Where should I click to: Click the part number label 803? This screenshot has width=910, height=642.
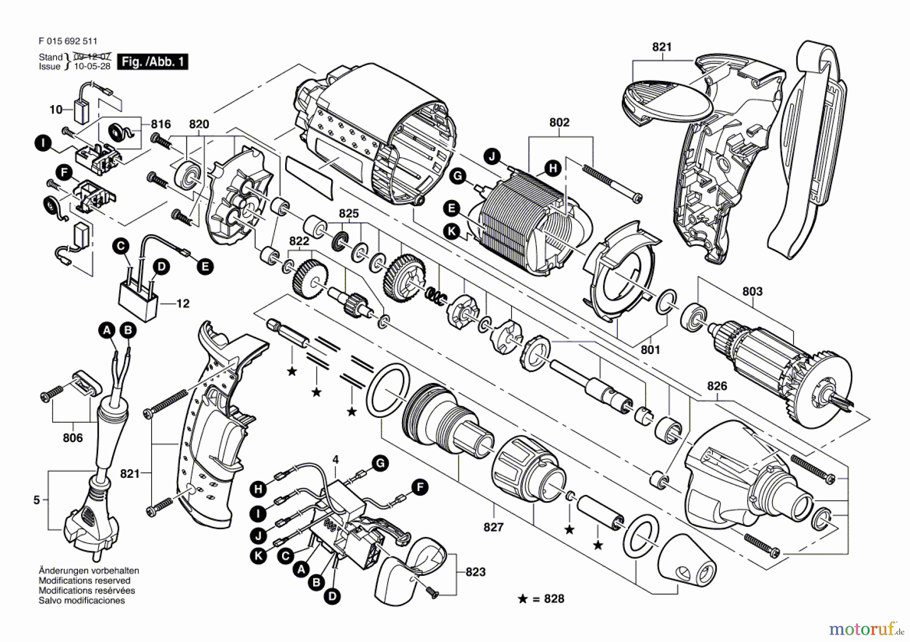752,291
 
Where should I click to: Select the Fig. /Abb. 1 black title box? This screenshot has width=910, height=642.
152,62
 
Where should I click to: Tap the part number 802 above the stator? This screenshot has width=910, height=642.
559,123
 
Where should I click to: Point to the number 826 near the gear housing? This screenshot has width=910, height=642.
717,386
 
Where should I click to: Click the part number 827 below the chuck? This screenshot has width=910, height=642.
493,527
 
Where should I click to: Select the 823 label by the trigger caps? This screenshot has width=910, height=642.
475,572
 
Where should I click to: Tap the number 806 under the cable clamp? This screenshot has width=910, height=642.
72,438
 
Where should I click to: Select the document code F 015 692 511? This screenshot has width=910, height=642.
68,41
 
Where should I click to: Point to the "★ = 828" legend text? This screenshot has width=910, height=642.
541,599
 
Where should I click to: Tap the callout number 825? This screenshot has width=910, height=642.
348,214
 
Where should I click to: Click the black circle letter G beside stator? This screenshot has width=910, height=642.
458,176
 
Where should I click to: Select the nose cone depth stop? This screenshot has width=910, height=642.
687,565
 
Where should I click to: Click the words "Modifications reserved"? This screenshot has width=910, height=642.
84,581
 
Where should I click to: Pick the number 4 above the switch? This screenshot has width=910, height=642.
335,460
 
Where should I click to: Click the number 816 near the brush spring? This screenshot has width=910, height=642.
160,124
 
